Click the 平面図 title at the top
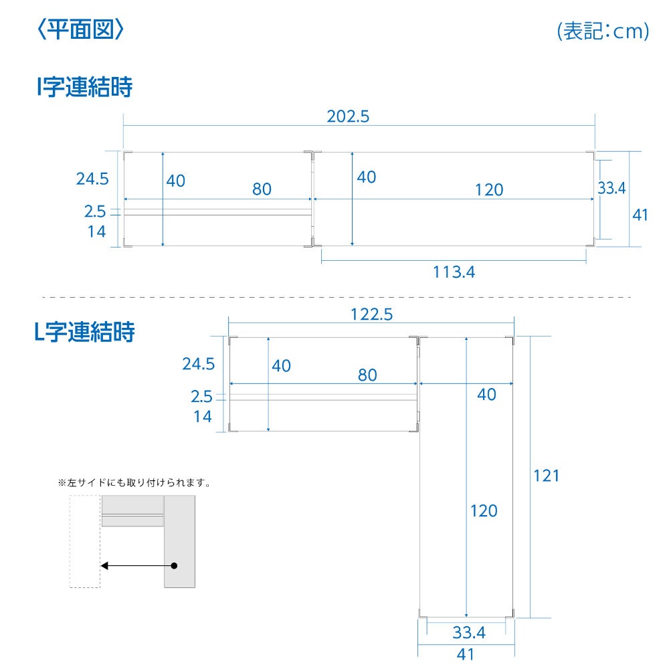[81, 30]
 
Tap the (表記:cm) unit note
[603, 31]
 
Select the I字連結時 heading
[85, 86]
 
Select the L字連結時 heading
[84, 332]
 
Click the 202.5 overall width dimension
[348, 116]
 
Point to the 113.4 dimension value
[454, 272]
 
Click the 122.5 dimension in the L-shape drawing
[371, 314]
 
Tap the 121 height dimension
[547, 475]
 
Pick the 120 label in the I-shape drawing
[490, 190]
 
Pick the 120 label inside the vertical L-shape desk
[484, 510]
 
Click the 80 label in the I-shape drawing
[262, 189]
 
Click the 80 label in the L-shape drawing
[367, 375]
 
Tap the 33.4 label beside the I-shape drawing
[611, 188]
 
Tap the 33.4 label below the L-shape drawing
[469, 632]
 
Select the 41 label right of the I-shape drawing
[640, 215]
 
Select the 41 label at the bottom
[465, 654]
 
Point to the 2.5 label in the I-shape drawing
[95, 211]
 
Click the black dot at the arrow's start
[174, 566]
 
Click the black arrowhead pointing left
[104, 566]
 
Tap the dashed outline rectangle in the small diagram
[70, 541]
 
